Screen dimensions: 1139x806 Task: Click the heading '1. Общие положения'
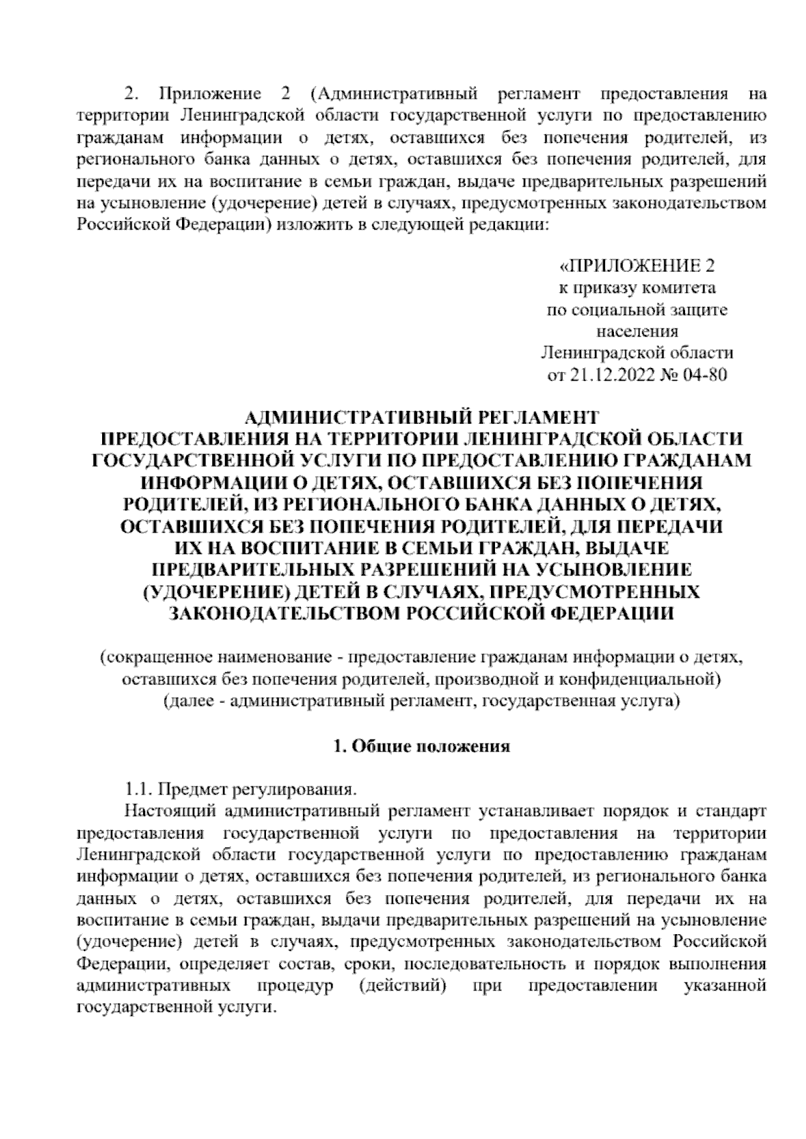click(422, 746)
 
